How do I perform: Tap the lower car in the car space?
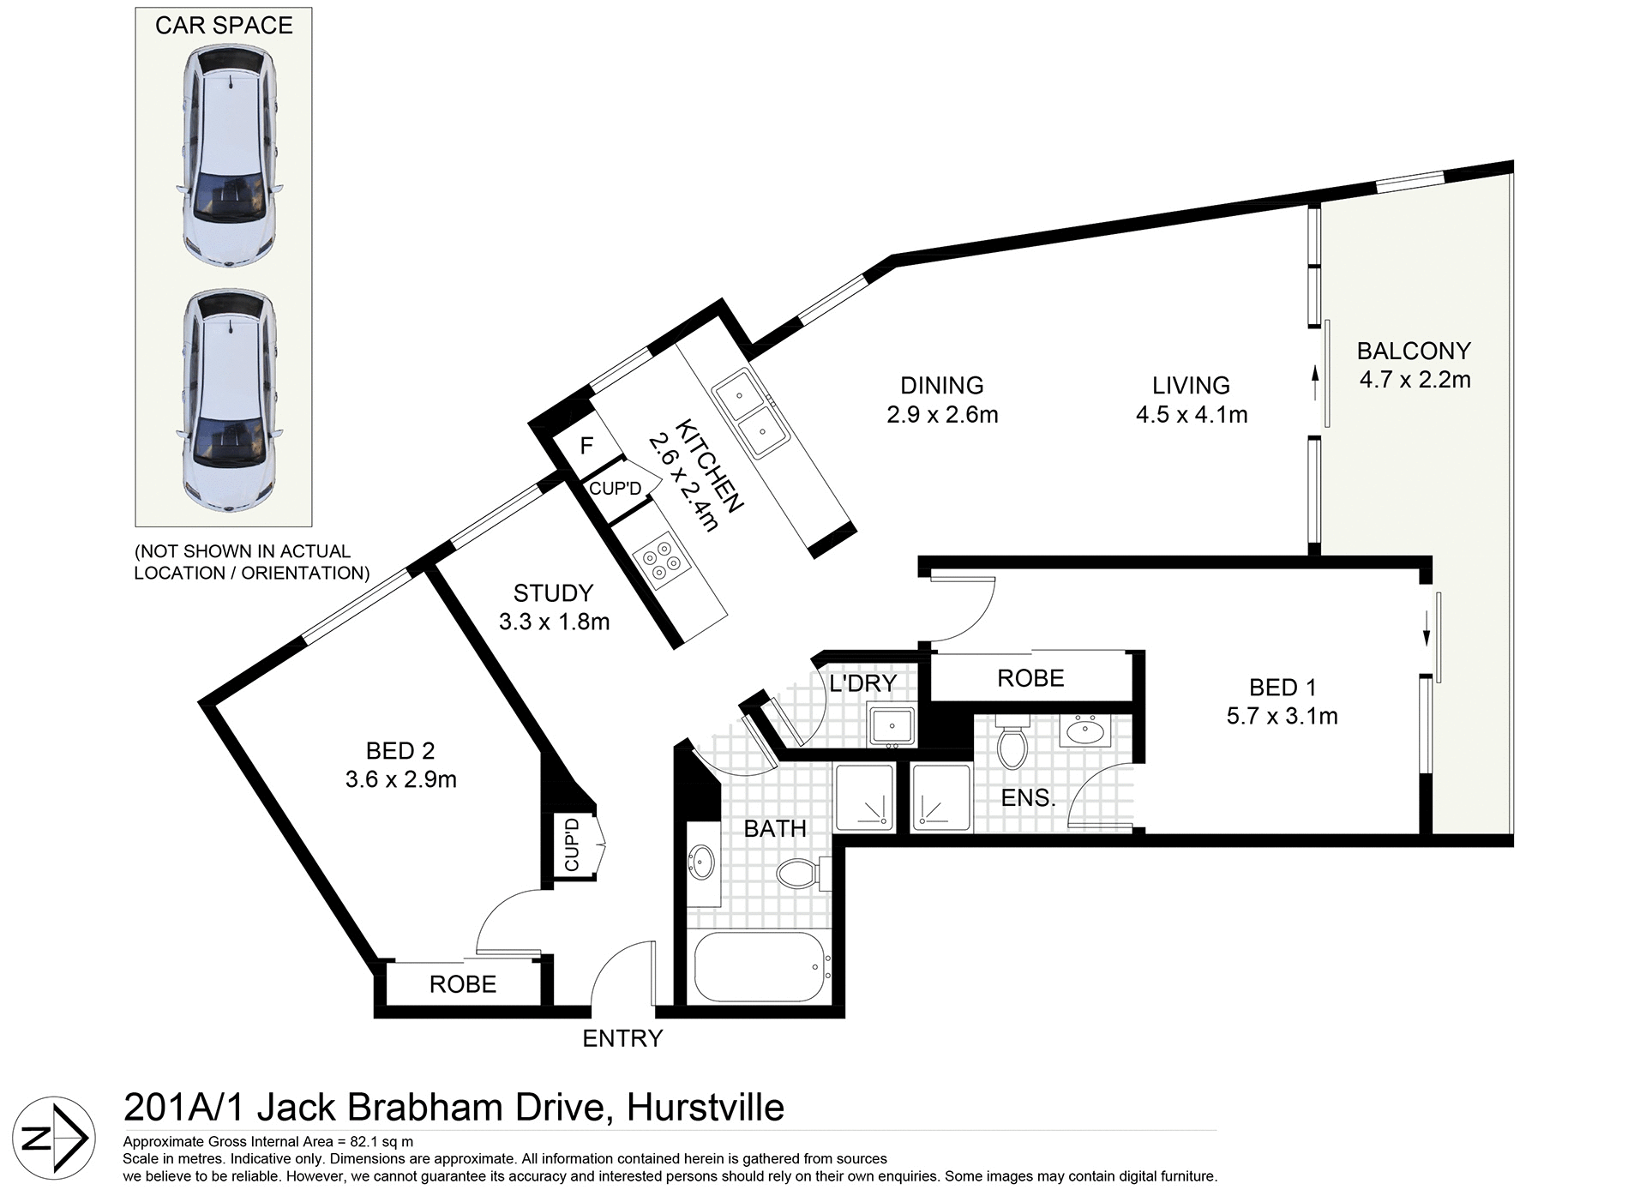pyautogui.click(x=230, y=401)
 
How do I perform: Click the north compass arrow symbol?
pyautogui.click(x=54, y=1139)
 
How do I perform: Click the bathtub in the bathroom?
pyautogui.click(x=759, y=967)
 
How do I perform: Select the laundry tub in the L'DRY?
pyautogui.click(x=892, y=725)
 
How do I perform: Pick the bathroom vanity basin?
pyautogui.click(x=702, y=861)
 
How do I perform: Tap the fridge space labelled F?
pyautogui.click(x=587, y=446)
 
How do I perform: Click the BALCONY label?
pyautogui.click(x=1414, y=351)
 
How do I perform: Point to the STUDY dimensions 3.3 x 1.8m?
pyautogui.click(x=554, y=622)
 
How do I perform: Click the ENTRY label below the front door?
pyautogui.click(x=622, y=1038)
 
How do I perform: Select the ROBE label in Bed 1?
pyautogui.click(x=1030, y=678)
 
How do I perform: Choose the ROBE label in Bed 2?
pyautogui.click(x=463, y=983)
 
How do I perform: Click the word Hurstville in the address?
pyautogui.click(x=706, y=1107)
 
